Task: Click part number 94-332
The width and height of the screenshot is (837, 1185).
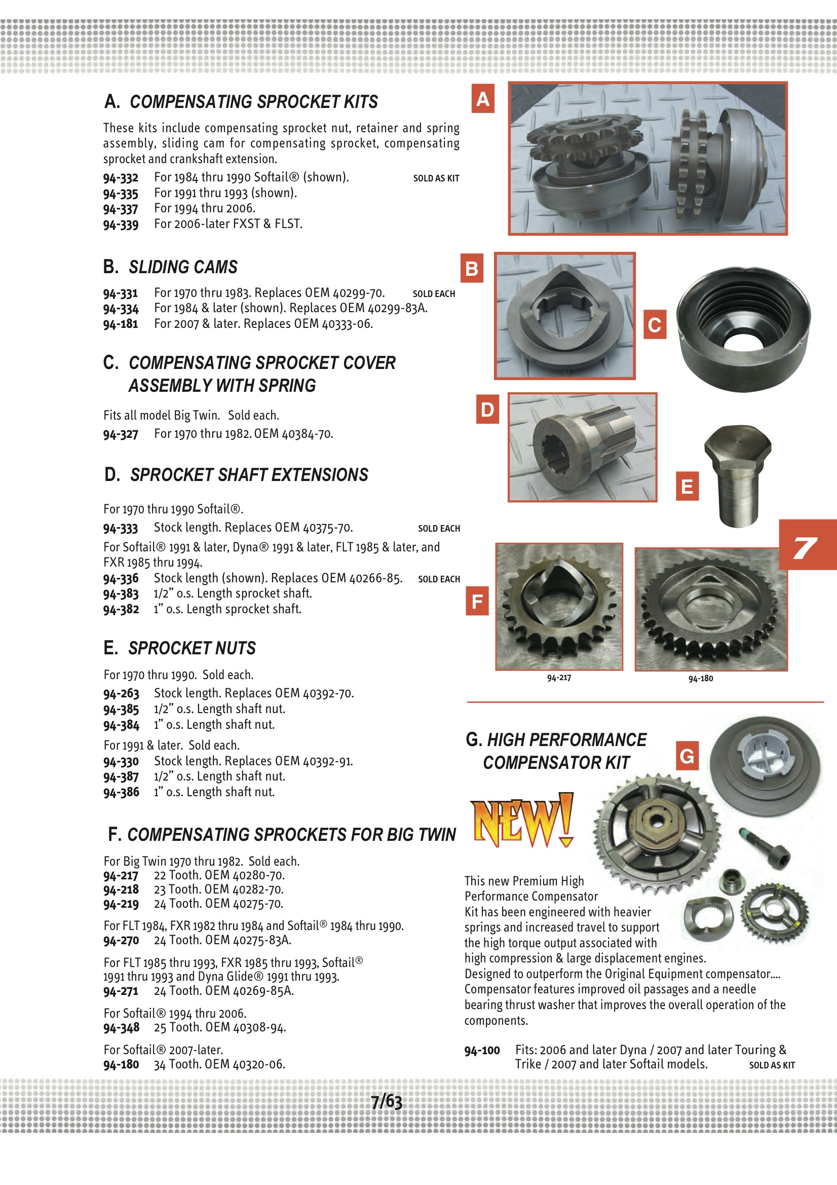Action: click(121, 178)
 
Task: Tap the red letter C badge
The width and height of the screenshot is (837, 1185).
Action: click(654, 325)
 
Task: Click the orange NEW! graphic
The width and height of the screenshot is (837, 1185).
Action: click(522, 821)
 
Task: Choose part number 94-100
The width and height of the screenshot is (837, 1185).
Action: click(482, 1050)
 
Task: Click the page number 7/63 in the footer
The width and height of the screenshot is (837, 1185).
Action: click(387, 1102)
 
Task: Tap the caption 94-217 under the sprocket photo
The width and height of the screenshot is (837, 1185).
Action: click(559, 678)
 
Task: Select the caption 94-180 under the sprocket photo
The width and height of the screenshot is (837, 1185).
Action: click(700, 678)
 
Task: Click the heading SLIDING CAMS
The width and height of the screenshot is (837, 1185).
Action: click(183, 267)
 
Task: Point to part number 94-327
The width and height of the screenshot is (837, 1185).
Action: click(121, 434)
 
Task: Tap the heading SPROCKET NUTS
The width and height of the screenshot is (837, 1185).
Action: click(192, 648)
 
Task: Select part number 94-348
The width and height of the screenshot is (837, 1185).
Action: click(121, 1027)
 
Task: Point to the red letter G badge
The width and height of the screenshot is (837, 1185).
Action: click(687, 756)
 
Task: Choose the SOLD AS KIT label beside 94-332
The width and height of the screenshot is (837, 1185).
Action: click(436, 178)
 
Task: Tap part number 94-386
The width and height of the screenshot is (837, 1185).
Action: click(121, 792)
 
